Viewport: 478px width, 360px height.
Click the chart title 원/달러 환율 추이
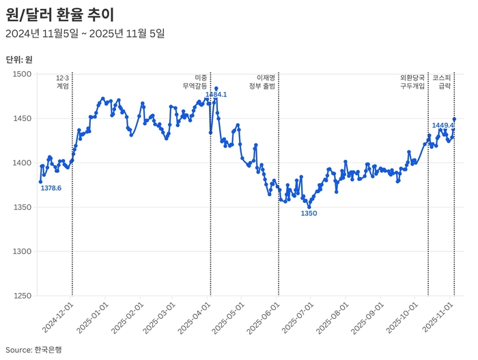tap(59, 14)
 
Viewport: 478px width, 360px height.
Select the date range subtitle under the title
tap(85, 33)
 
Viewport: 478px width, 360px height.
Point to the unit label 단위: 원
tap(18, 59)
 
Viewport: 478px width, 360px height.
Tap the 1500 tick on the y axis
tap(23, 74)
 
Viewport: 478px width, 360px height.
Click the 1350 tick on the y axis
tap(23, 207)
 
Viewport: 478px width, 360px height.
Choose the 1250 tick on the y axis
tap(23, 296)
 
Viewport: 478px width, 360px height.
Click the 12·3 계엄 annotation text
tap(62, 82)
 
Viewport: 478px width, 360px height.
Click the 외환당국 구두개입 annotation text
tap(412, 82)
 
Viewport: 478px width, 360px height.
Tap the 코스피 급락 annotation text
tap(442, 82)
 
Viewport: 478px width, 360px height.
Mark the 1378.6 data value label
tap(51, 188)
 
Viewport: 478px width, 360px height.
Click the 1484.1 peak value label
tap(216, 95)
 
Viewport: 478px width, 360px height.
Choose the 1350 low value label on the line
tap(309, 213)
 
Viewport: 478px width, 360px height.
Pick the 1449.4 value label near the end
tap(443, 126)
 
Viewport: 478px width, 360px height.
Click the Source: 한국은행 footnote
tap(33, 349)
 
